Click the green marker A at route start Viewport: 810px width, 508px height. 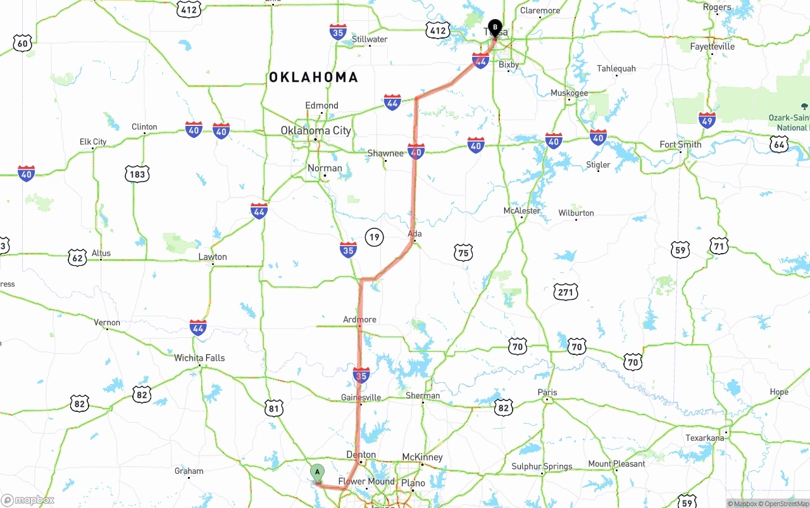[x=317, y=473]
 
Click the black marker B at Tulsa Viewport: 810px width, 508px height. [x=495, y=27]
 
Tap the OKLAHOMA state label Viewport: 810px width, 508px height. [x=313, y=77]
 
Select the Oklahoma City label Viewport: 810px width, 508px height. [x=316, y=130]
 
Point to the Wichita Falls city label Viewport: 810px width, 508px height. [x=199, y=357]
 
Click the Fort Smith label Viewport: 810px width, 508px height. [x=680, y=144]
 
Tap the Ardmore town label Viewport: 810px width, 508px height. [x=359, y=319]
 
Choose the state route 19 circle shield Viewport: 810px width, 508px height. [x=374, y=237]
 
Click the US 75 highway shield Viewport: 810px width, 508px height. [x=463, y=253]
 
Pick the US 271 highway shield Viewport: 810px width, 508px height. [x=565, y=292]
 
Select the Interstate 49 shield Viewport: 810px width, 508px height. [x=707, y=120]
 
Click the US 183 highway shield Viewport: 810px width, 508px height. [x=137, y=174]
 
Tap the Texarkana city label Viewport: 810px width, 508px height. [x=704, y=438]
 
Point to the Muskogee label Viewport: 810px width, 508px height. [x=569, y=93]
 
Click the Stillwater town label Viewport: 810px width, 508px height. [x=370, y=39]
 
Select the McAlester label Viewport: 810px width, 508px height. [x=522, y=211]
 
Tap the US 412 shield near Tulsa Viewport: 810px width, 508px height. [x=438, y=30]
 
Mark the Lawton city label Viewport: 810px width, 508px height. [x=213, y=257]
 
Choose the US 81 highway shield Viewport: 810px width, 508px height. [x=273, y=409]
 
